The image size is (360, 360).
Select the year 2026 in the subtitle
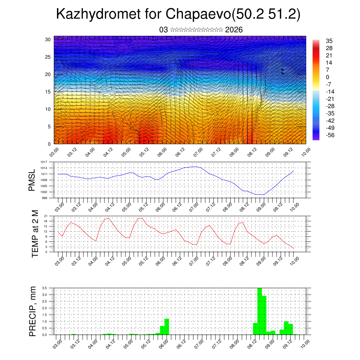pos(234,30)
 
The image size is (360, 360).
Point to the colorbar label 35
pos(329,41)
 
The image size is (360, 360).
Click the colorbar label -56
pos(330,135)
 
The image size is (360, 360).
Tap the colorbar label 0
pos(328,77)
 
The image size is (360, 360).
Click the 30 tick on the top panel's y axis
pos(48,39)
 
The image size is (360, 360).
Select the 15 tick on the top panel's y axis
pos(48,92)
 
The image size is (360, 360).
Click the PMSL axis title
pos(32,180)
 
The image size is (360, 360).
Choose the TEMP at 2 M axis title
pos(35,233)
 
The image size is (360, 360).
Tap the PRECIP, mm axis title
pos(33,311)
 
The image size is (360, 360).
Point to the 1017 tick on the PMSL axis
pos(43,162)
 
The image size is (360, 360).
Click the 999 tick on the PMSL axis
pos(44,198)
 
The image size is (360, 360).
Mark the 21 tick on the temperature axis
pos(45,216)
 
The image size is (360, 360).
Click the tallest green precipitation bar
pos(260,311)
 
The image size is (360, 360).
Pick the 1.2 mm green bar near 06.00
pos(167,327)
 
